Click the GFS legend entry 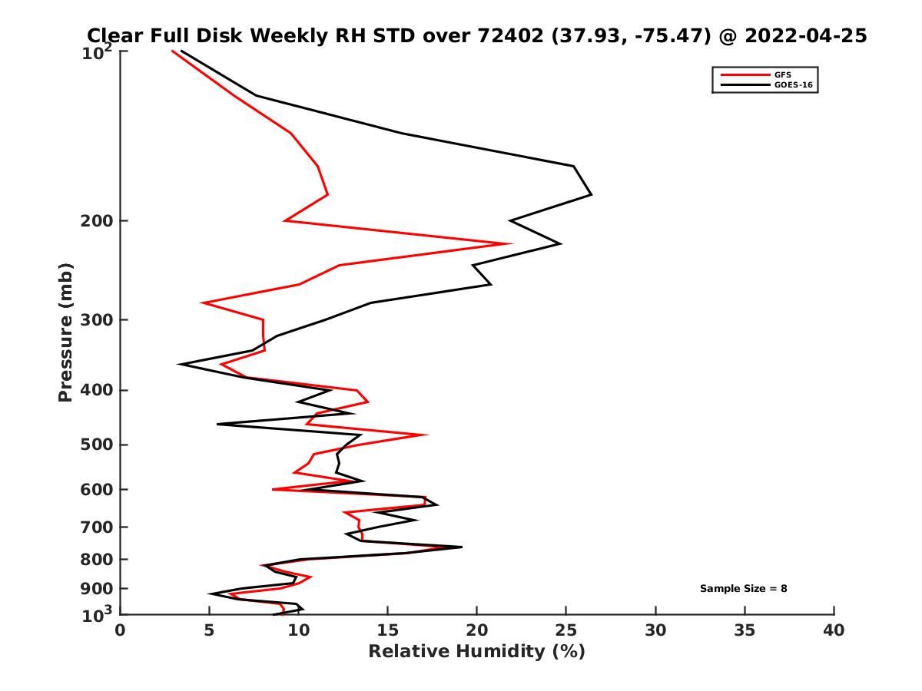click(784, 74)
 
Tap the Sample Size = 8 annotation click(743, 589)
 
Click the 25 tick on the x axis click(566, 630)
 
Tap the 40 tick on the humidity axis click(834, 630)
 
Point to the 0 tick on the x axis click(121, 630)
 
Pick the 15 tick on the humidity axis click(388, 630)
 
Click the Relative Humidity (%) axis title click(476, 652)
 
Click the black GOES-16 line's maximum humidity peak click(591, 195)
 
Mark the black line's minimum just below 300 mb click(179, 365)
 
